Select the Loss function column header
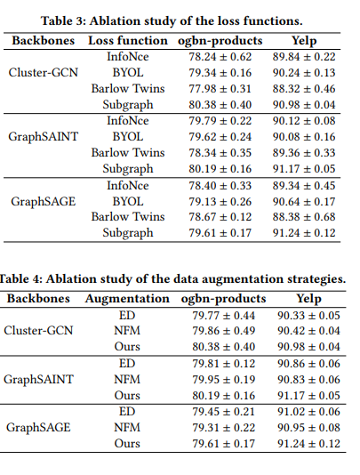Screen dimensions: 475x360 127,40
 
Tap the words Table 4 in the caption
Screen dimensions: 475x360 28,278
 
